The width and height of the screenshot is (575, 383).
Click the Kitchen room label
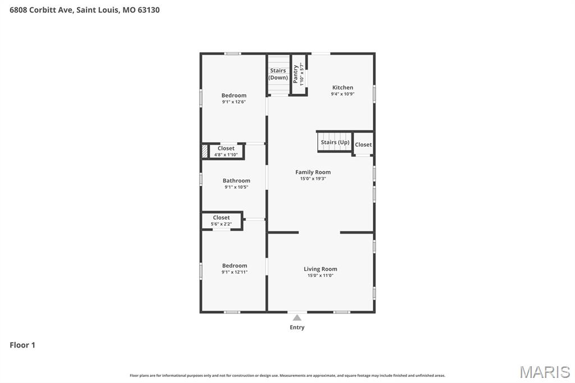tap(343, 88)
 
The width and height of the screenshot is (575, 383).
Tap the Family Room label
tap(313, 172)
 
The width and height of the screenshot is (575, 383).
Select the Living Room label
tap(320, 269)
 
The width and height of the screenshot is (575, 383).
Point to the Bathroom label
tap(236, 181)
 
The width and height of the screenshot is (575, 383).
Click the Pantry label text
tap(296, 74)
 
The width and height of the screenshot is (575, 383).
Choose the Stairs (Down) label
tap(278, 74)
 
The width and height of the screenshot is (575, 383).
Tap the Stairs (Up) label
tap(335, 143)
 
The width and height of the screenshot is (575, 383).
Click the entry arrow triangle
tap(297, 318)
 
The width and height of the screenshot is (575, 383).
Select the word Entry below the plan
tap(297, 327)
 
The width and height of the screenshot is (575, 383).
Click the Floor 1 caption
tap(22, 345)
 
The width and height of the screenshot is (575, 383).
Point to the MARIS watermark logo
tap(544, 372)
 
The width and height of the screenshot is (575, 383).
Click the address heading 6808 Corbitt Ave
tap(84, 10)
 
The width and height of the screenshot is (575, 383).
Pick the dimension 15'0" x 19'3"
tap(313, 179)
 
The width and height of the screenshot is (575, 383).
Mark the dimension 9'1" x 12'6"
tap(234, 102)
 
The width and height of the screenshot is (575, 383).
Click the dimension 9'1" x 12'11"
tap(234, 272)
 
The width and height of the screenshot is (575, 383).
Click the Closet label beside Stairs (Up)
tap(363, 145)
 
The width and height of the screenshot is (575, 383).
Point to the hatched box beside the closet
tap(205, 151)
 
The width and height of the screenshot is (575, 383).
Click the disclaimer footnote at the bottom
tap(287, 375)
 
